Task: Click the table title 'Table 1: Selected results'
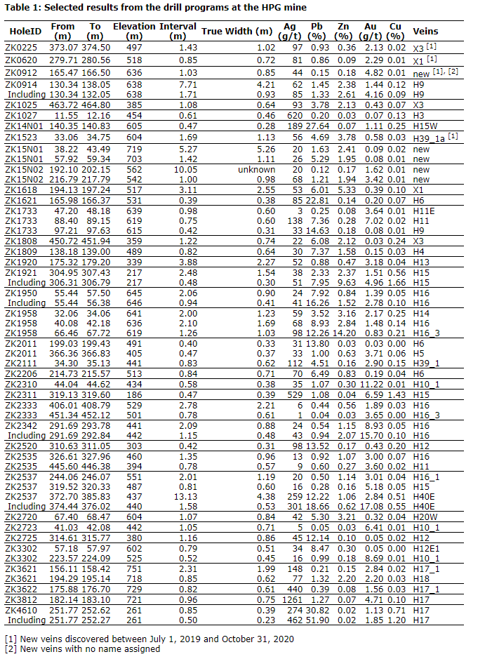(x=155, y=7)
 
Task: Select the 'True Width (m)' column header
(x=237, y=32)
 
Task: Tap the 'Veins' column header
(x=425, y=32)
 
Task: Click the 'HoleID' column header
(x=25, y=32)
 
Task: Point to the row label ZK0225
(x=22, y=47)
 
